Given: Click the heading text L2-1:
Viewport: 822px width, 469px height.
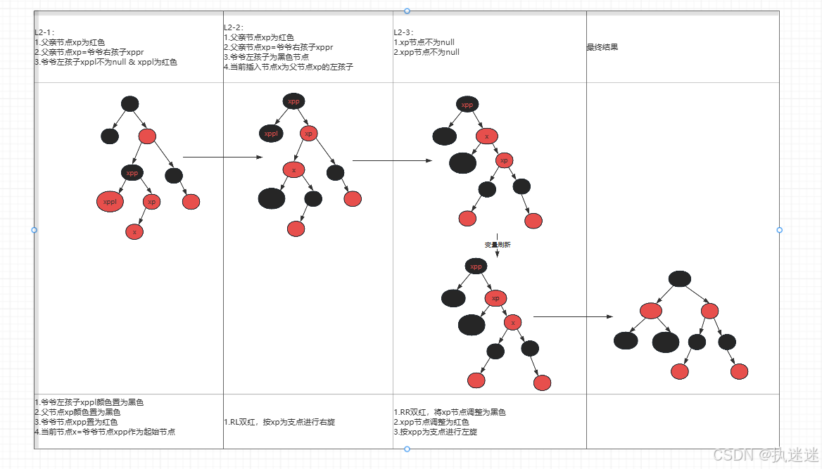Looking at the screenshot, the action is point(45,32).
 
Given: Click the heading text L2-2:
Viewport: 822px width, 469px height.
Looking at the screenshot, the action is point(234,27).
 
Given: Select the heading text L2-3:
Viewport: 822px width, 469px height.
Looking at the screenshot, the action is point(405,32).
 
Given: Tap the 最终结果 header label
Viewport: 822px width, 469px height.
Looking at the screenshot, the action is point(602,48).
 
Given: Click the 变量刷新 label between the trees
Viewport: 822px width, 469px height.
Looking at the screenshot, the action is point(497,245).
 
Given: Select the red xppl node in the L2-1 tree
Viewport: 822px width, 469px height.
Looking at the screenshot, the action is point(110,203).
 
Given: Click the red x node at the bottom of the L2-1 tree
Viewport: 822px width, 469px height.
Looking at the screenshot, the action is point(134,231).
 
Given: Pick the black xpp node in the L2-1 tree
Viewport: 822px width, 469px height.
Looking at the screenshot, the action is point(132,172).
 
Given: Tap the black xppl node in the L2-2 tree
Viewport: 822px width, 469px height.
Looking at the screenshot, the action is point(270,133).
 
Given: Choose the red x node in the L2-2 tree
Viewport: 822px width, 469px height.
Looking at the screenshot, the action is point(293,169).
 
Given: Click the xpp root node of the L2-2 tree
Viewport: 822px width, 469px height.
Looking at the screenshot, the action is point(293,101).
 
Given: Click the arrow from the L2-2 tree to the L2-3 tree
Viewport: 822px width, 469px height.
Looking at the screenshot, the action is point(392,160).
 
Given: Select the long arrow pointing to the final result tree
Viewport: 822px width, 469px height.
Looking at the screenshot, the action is point(574,317).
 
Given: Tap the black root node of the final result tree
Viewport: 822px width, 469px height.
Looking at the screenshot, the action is point(679,278).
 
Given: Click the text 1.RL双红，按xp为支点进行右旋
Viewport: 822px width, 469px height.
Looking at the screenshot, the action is point(277,423).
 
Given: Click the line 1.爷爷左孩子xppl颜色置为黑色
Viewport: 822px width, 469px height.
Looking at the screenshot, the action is point(89,402).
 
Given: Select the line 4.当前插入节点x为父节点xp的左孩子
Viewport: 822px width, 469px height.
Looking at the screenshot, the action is point(288,67).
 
